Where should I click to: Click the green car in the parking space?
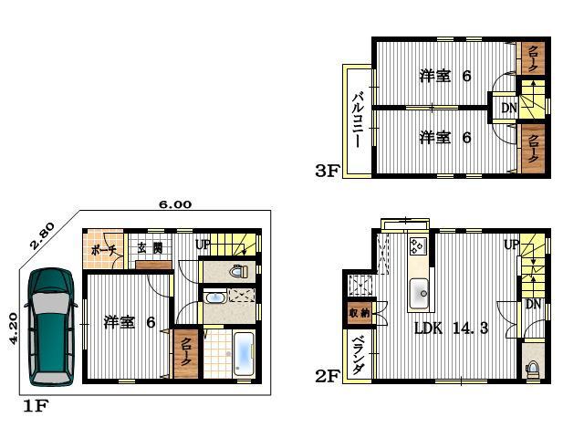tap(50, 327)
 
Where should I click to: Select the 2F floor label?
tap(328, 374)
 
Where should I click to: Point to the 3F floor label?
tap(327, 170)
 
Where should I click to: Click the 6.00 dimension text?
tap(174, 205)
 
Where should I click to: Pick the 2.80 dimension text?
tap(42, 235)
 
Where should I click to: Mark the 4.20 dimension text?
tap(13, 328)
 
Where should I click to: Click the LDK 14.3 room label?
tap(452, 328)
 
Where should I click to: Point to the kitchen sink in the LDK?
tap(421, 293)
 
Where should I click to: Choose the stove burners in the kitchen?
tap(419, 247)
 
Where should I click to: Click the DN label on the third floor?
tap(508, 109)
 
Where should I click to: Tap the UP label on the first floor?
tap(203, 245)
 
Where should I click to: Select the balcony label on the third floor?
tap(357, 120)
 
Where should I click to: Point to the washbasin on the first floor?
tap(216, 297)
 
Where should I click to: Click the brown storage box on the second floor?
tap(359, 312)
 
